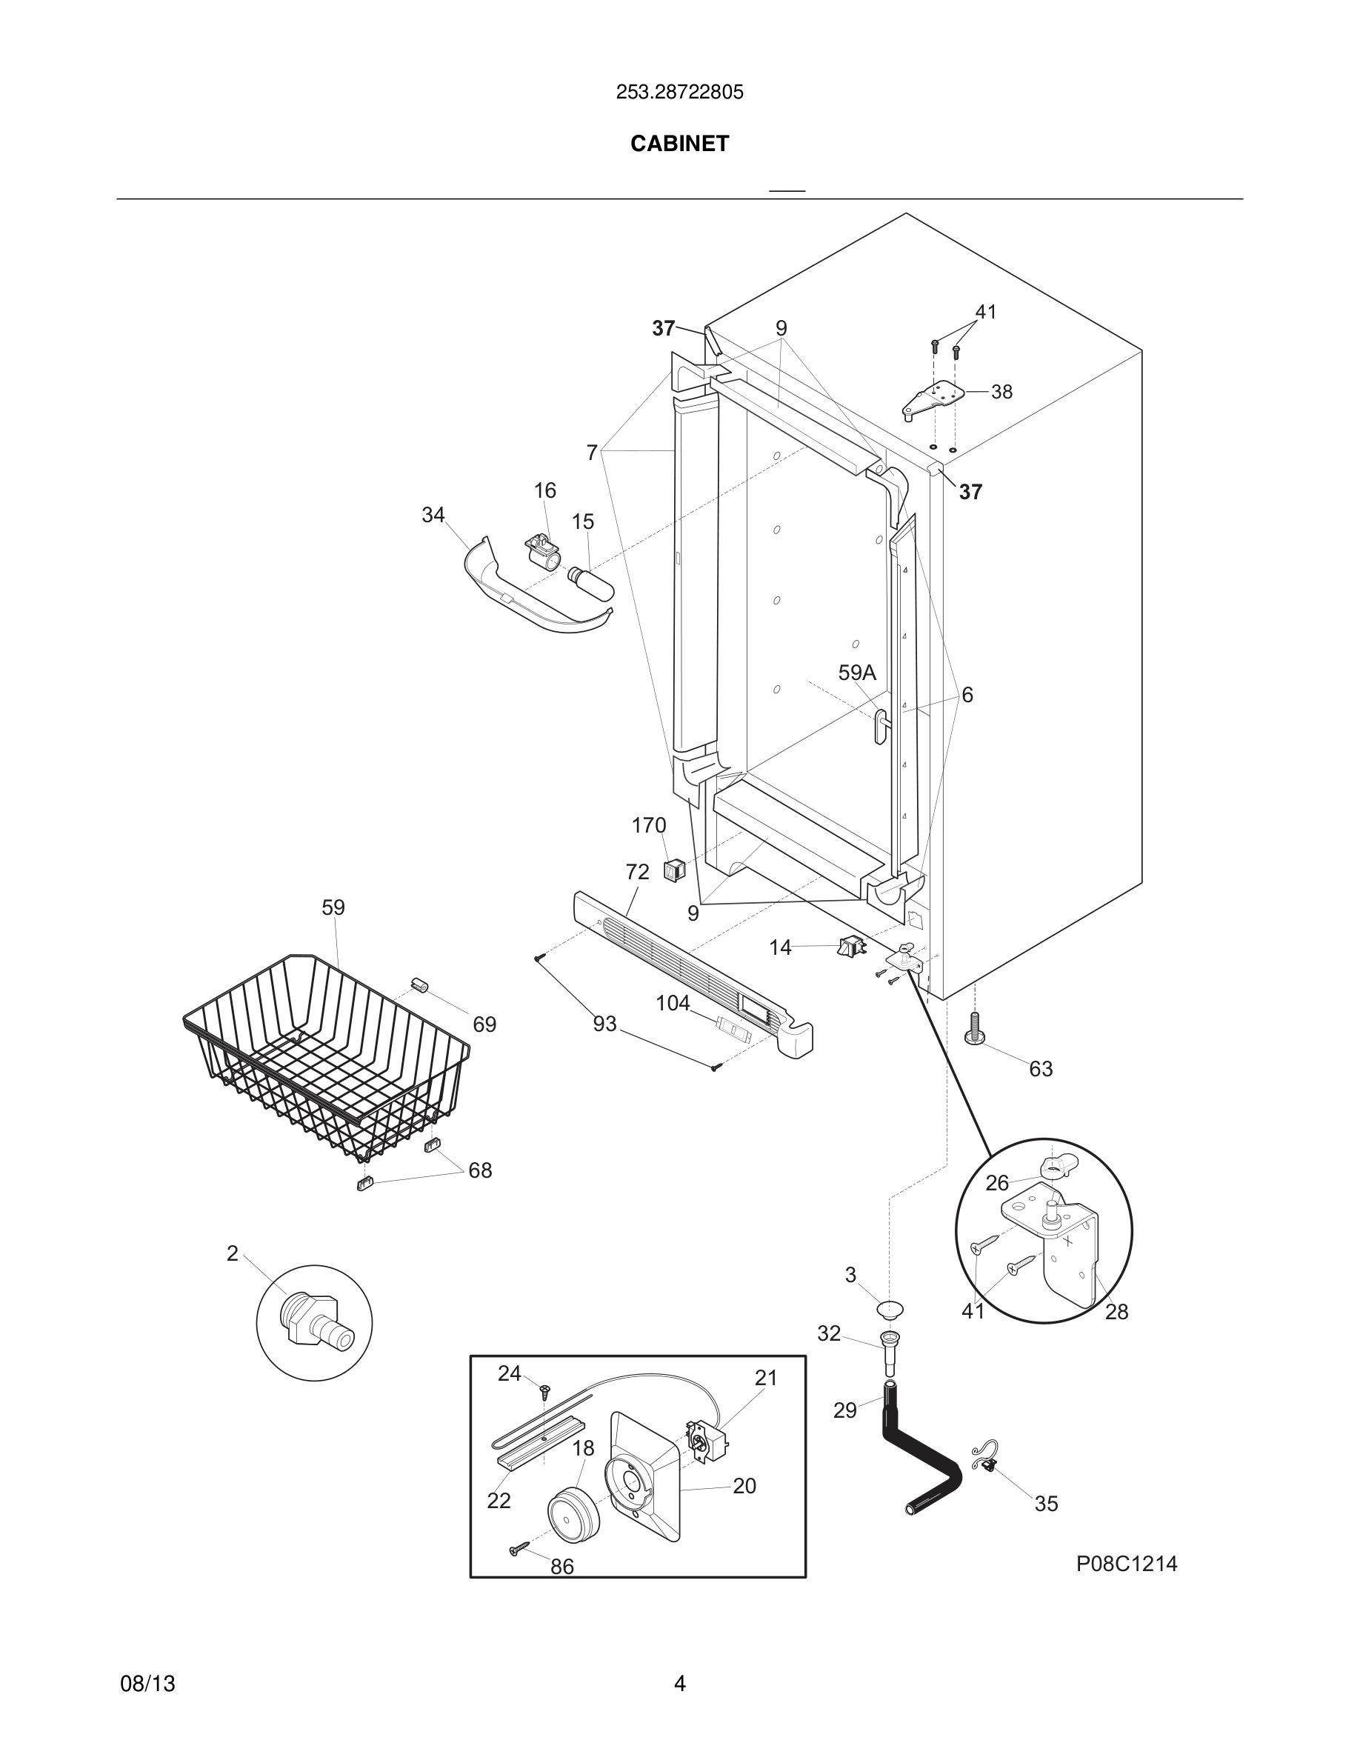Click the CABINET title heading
point(679,144)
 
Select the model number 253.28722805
point(679,93)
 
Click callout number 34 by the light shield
point(433,515)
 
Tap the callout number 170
point(649,825)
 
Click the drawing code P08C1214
point(1127,1564)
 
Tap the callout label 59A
point(856,673)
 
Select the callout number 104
point(673,1003)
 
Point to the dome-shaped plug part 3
point(890,1308)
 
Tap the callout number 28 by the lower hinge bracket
point(1116,1312)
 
